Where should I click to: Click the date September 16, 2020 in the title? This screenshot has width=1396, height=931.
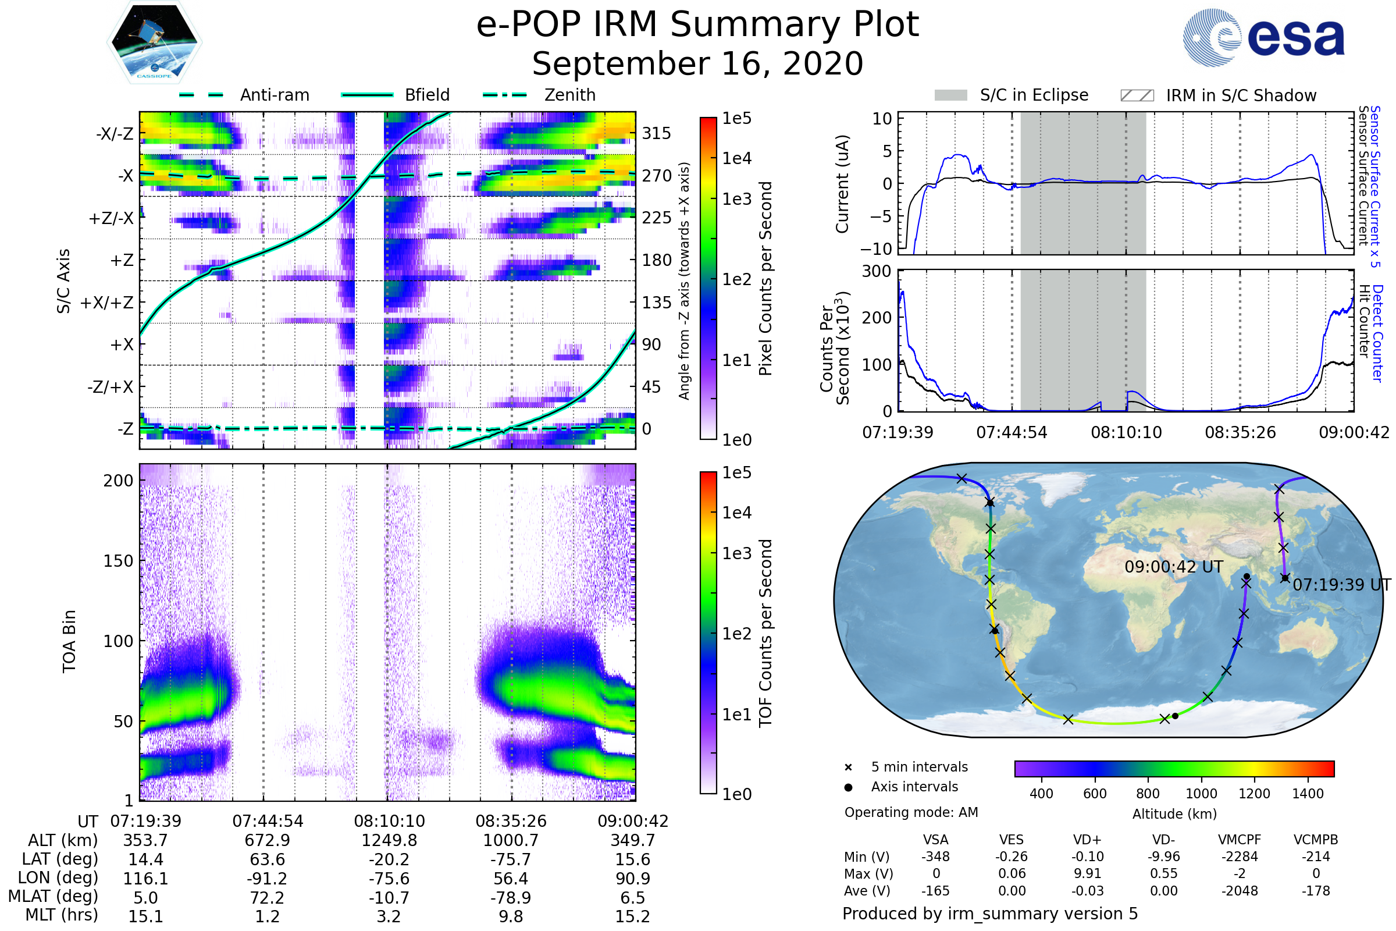[697, 63]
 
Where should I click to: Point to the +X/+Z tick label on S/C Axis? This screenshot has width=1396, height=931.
[107, 303]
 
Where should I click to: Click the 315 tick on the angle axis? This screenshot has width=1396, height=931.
[656, 133]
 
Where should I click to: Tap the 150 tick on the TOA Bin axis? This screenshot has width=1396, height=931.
[118, 561]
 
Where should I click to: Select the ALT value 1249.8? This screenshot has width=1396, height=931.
[389, 841]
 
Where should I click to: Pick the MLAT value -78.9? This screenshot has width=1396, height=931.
[511, 898]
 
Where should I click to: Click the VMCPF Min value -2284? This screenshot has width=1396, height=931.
[1240, 857]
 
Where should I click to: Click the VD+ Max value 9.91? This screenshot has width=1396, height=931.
[1087, 873]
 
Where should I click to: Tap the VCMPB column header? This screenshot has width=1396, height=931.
[1315, 840]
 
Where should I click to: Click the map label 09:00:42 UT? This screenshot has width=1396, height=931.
[1173, 567]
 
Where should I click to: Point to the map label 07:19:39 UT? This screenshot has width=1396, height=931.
[1341, 585]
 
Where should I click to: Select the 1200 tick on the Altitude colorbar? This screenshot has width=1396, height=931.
[1254, 794]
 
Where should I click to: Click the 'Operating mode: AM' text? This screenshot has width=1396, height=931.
[911, 812]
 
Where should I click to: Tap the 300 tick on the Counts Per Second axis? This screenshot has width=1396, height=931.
[877, 271]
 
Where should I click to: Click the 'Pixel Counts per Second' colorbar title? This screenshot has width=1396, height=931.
[765, 279]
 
